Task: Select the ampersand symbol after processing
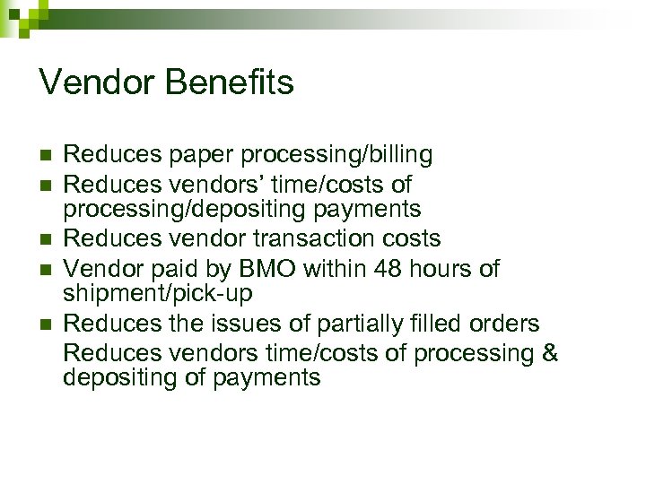(549, 352)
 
